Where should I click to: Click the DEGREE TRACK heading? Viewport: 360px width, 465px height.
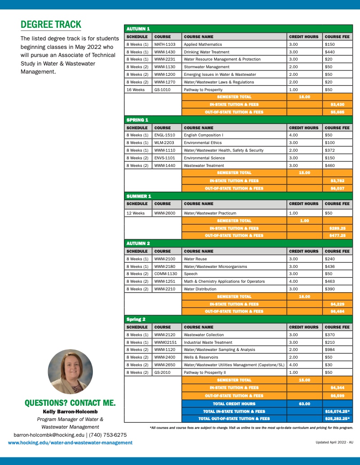coord(51,24)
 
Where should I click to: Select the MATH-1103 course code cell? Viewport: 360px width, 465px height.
coord(165,44)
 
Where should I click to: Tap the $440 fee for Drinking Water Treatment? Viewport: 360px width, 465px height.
coord(330,52)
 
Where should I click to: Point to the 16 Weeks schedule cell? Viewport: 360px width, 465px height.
coord(136,90)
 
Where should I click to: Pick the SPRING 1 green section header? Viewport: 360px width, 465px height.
coord(137,120)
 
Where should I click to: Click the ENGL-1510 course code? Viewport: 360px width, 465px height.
coord(164,135)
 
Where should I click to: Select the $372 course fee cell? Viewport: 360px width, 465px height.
coord(330,150)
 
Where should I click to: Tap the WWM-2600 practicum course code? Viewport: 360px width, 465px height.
coord(165,213)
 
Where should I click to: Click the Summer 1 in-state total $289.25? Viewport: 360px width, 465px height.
coord(337,228)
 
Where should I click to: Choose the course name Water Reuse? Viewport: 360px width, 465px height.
coord(195,259)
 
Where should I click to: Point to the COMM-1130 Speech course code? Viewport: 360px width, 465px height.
coord(166,274)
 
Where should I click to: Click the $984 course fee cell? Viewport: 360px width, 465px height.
coord(330,350)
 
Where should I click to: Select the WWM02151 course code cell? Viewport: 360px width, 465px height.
coord(166,342)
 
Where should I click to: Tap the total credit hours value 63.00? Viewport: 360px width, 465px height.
coord(304,404)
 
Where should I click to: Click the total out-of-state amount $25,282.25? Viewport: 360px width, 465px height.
coord(337,418)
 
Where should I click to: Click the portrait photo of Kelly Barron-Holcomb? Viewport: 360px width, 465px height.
coord(70,372)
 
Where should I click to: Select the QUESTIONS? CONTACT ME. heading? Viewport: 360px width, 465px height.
coord(70,403)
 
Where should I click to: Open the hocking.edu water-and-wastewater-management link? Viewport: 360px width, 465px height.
coord(70,443)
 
